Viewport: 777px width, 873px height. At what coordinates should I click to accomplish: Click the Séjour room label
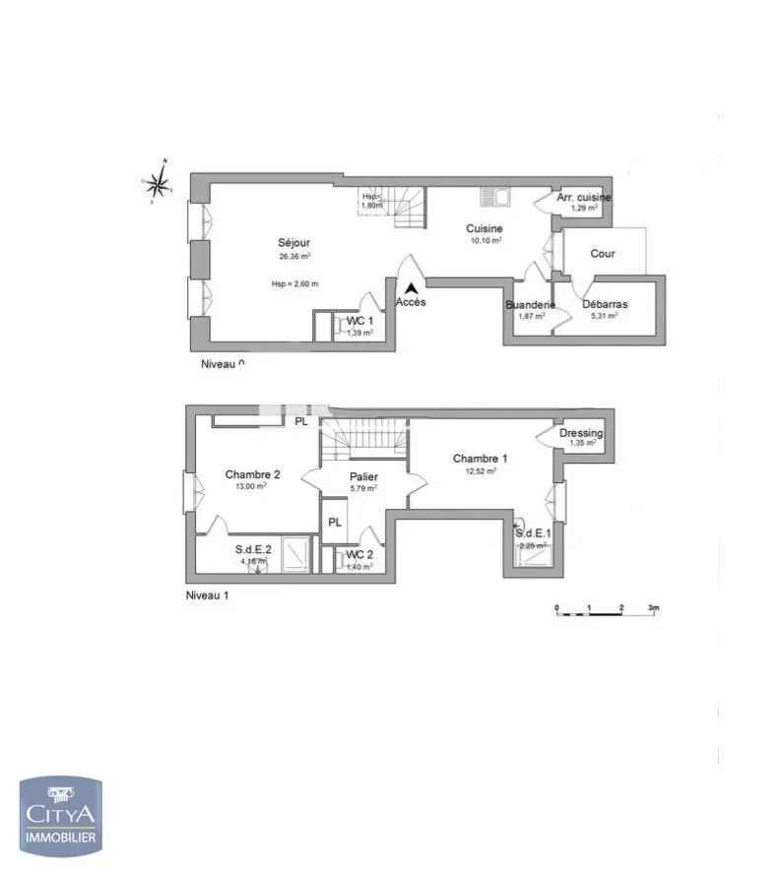(293, 242)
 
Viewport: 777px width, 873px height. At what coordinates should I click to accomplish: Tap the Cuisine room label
(484, 228)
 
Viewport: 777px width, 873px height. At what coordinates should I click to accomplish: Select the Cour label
(603, 254)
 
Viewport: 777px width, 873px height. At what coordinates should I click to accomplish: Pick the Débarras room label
(605, 304)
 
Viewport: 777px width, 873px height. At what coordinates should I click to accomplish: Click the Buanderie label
(530, 305)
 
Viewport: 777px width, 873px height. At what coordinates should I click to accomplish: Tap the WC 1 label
(358, 321)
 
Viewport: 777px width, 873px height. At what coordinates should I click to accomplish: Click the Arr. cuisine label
(584, 198)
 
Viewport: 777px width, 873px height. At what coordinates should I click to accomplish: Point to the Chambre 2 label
(252, 474)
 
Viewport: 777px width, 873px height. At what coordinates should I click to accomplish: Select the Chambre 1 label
(480, 459)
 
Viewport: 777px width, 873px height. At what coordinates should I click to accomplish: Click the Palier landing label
(363, 477)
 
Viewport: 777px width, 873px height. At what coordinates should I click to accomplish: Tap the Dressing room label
(581, 433)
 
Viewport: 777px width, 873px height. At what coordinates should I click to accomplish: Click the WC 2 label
(359, 554)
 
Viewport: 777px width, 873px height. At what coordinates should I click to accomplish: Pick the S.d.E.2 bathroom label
(253, 550)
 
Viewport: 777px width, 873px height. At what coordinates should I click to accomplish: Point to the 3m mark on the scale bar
(653, 608)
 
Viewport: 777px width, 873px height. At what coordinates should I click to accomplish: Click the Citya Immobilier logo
(61, 817)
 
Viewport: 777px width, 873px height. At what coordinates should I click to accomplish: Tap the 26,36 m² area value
(294, 256)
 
